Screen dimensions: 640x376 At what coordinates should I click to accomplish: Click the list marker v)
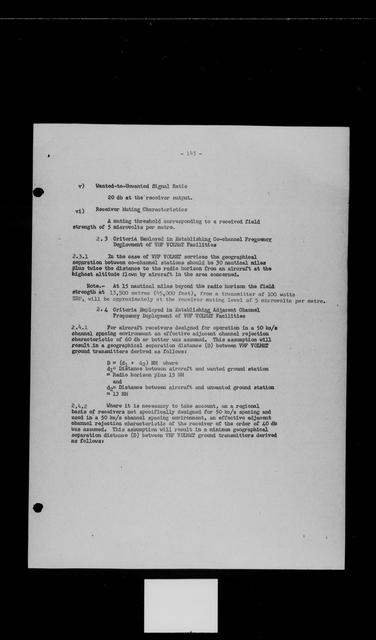tap(81, 186)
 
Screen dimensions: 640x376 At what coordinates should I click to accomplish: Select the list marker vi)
tap(80, 211)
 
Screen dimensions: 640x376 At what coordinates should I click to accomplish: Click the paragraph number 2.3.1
tap(80, 257)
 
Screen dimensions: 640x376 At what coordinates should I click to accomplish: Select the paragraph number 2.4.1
tap(80, 328)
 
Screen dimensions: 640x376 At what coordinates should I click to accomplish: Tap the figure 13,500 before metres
tap(119, 294)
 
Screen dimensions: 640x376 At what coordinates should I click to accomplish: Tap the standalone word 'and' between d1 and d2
tap(117, 381)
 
